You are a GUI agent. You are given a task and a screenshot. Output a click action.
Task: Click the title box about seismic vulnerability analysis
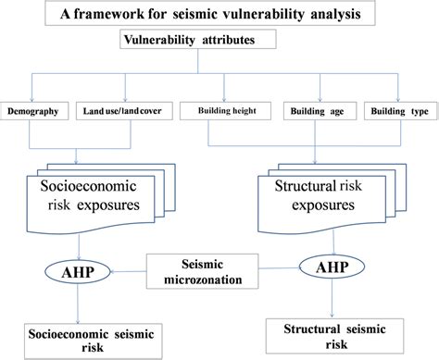219,15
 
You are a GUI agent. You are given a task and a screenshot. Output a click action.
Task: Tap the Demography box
36,111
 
